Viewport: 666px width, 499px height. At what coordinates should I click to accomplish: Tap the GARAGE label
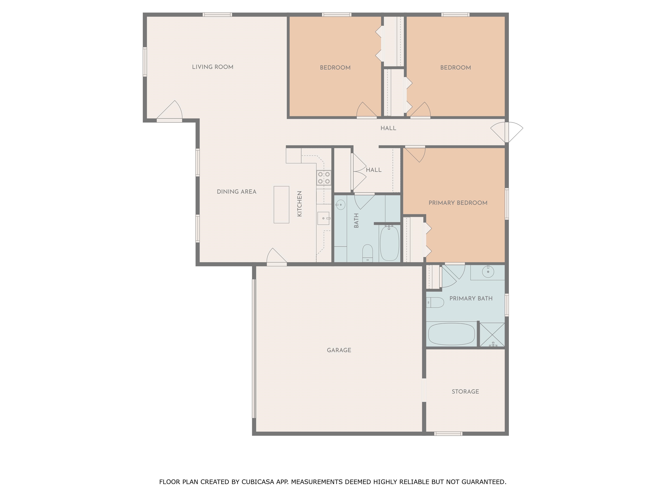[x=339, y=350]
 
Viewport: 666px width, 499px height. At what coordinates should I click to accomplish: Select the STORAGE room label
[x=465, y=392]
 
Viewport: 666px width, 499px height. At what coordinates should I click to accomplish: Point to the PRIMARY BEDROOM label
[x=458, y=203]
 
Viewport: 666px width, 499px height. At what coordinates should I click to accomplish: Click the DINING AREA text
[x=237, y=192]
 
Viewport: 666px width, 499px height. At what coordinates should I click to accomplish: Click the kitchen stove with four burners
[x=324, y=177]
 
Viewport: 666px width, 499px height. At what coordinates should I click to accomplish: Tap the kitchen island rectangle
[x=281, y=204]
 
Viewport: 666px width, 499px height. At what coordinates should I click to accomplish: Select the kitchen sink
[x=323, y=218]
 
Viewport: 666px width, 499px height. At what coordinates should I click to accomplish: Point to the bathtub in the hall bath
[x=390, y=243]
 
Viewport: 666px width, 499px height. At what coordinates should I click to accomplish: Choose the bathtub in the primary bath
[x=451, y=334]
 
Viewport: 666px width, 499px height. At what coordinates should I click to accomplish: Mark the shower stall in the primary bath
[x=492, y=335]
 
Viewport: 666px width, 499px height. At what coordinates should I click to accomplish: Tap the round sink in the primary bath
[x=488, y=272]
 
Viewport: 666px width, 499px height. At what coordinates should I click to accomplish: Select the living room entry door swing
[x=170, y=110]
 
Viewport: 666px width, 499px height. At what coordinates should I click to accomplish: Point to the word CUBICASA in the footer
[x=258, y=482]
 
